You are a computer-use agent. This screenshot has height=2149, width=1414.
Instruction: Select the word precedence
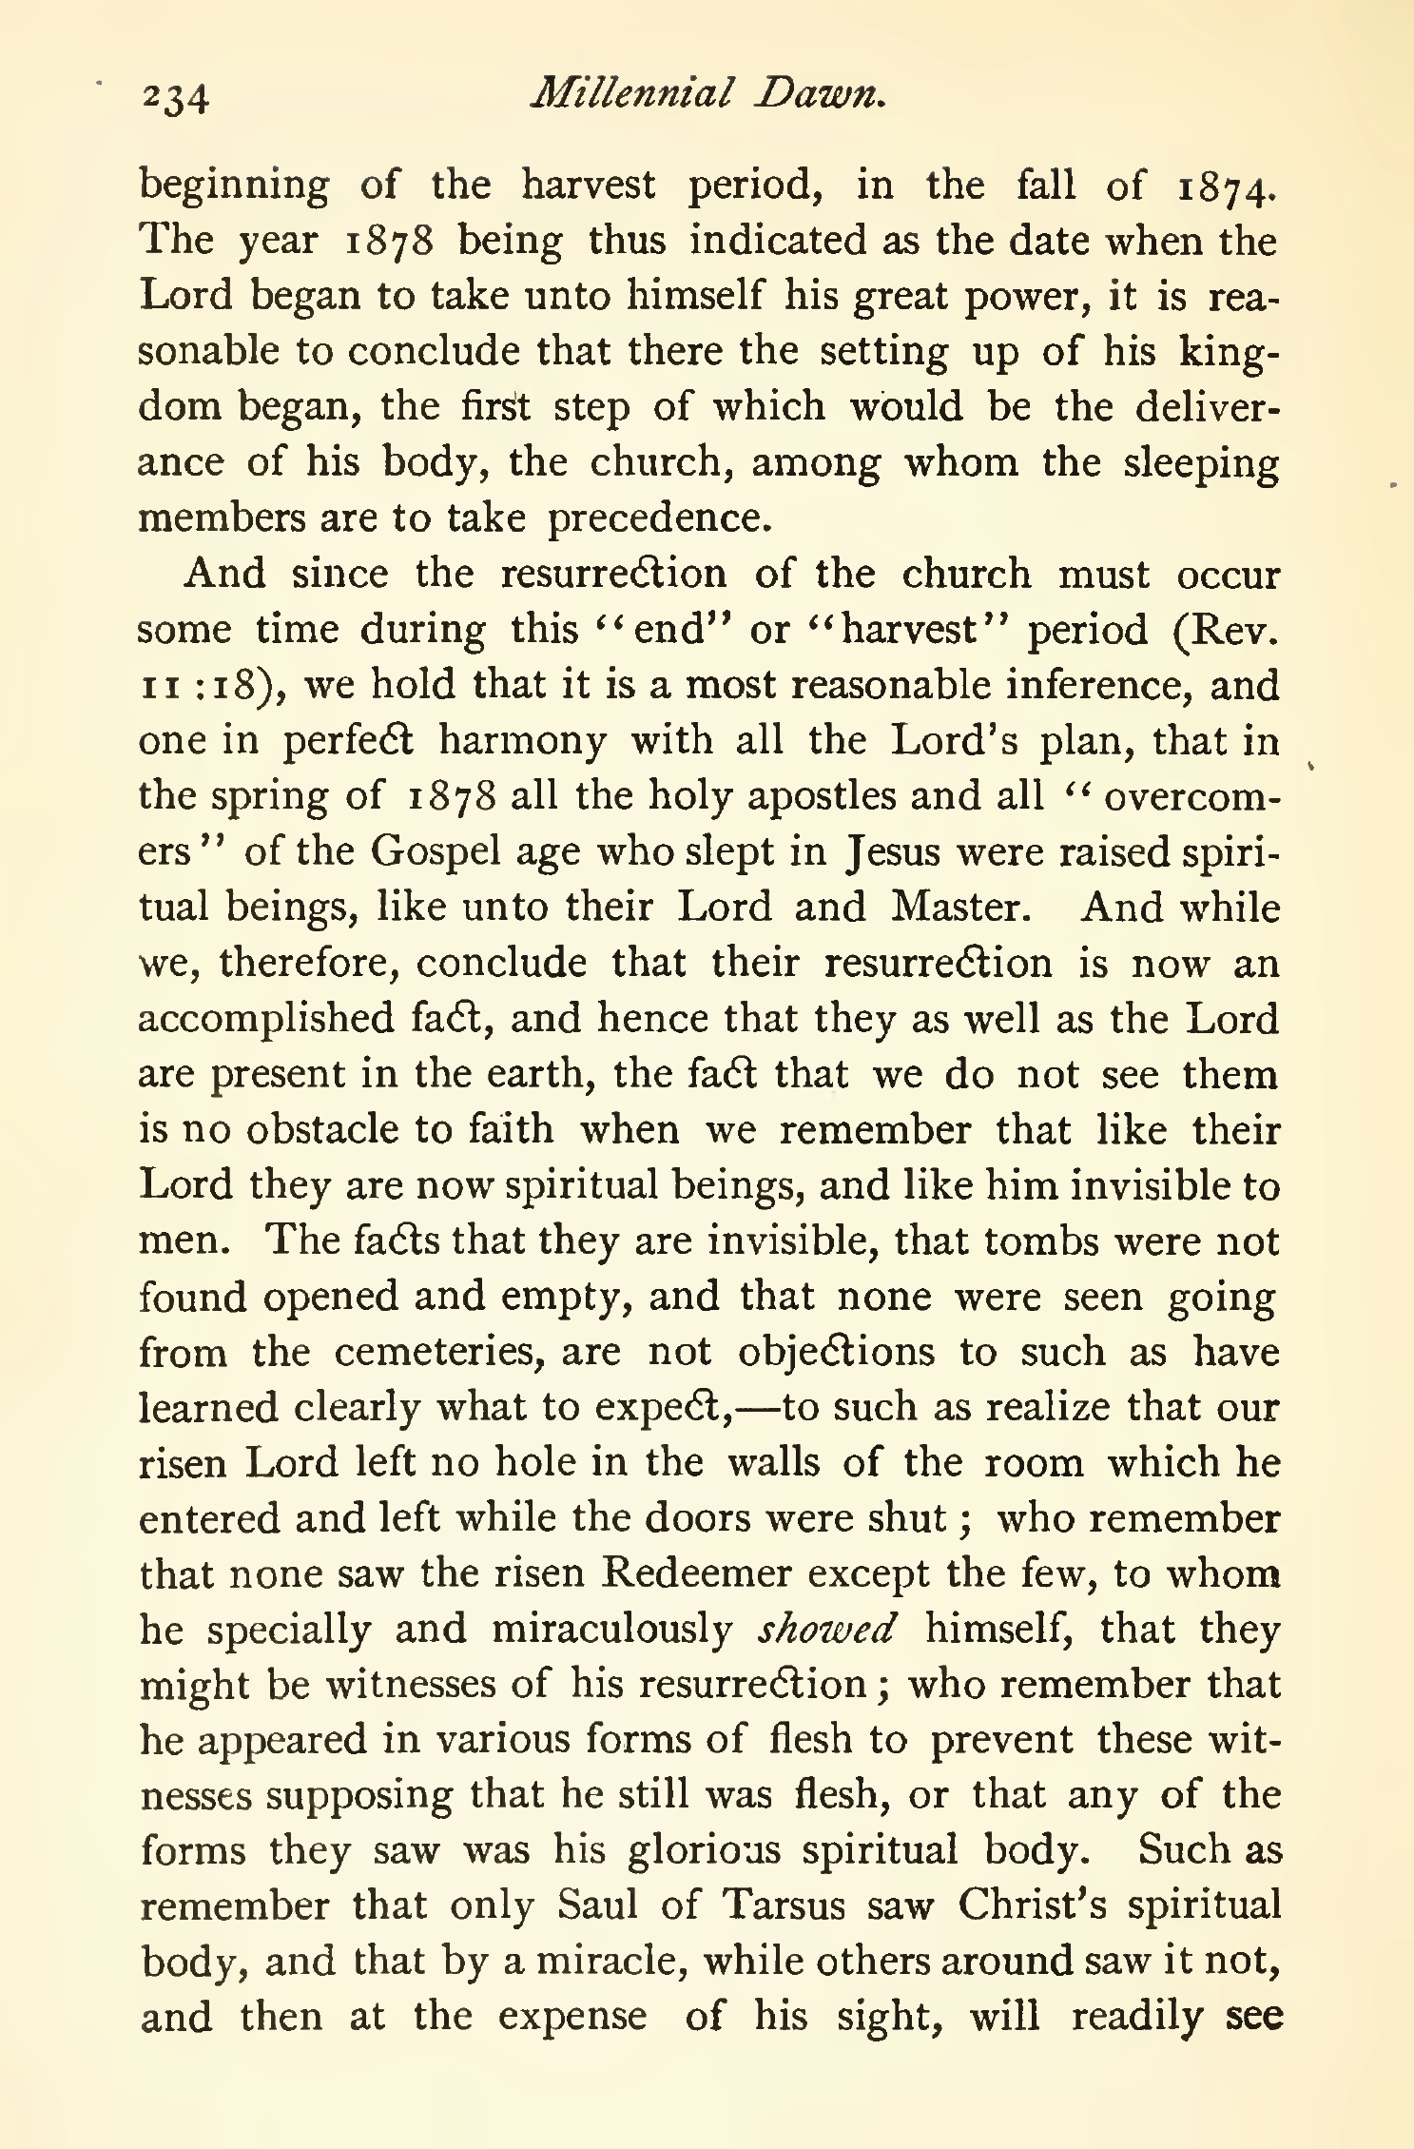(x=657, y=518)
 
